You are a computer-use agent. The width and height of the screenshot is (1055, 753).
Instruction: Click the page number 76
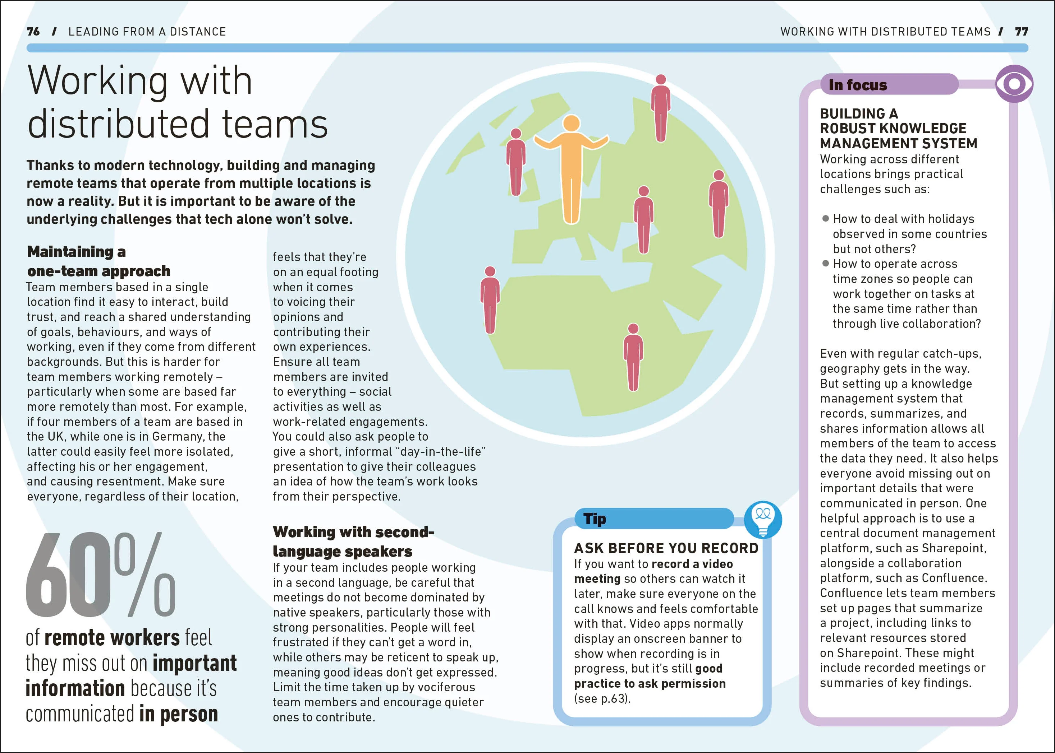click(x=33, y=32)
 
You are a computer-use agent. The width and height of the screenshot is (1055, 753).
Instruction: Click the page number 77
click(x=1021, y=32)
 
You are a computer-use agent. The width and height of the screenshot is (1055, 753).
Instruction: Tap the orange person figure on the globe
click(x=571, y=169)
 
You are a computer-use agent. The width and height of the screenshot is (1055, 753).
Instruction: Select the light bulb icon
click(x=763, y=519)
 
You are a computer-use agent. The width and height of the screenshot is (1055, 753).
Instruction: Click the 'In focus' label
click(x=858, y=85)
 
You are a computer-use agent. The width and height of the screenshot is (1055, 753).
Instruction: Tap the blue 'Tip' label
click(x=595, y=519)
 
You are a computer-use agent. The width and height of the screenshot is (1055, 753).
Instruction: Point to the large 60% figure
click(x=101, y=575)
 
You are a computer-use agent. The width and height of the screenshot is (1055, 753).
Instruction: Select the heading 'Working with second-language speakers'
click(x=353, y=541)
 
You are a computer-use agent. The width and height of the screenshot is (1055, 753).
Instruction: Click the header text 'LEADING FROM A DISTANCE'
click(x=147, y=32)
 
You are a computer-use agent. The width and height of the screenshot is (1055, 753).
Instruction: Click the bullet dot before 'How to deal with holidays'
click(x=825, y=218)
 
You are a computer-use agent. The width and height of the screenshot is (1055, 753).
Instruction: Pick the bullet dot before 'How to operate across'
click(x=825, y=263)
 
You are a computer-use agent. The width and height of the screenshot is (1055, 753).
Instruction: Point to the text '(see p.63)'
click(x=602, y=698)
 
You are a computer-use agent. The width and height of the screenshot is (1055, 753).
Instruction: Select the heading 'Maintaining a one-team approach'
click(x=99, y=261)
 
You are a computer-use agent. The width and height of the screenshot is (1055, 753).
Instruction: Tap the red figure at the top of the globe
click(x=660, y=108)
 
